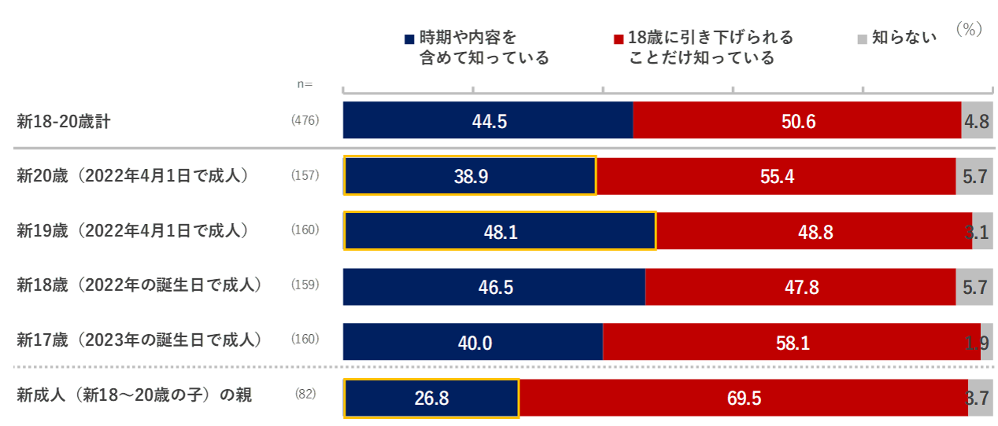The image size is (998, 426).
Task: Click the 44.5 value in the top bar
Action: pos(488,120)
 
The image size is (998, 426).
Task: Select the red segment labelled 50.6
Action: pos(797,120)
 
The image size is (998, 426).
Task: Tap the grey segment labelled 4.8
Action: pos(977,120)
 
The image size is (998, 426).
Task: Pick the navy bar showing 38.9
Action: pos(471,176)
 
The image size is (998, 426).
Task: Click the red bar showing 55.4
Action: pos(776,176)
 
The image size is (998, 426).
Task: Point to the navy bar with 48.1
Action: pos(500,231)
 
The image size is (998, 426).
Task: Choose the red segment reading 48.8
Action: pos(815,231)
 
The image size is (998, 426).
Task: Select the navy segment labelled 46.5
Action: pos(495,287)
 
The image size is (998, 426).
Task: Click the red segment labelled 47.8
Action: pos(800,287)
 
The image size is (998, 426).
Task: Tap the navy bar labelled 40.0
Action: pos(474,342)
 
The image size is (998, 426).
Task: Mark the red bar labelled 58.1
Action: pos(792,342)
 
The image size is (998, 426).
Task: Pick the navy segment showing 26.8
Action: pos(431,398)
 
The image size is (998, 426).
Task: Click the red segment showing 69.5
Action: pos(744,398)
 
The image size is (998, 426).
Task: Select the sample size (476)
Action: pos(305,120)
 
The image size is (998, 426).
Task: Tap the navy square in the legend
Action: pos(409,39)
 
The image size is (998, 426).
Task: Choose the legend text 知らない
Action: pos(904,37)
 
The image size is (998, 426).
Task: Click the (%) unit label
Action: pos(970,29)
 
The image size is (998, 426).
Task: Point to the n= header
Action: pos(304,84)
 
